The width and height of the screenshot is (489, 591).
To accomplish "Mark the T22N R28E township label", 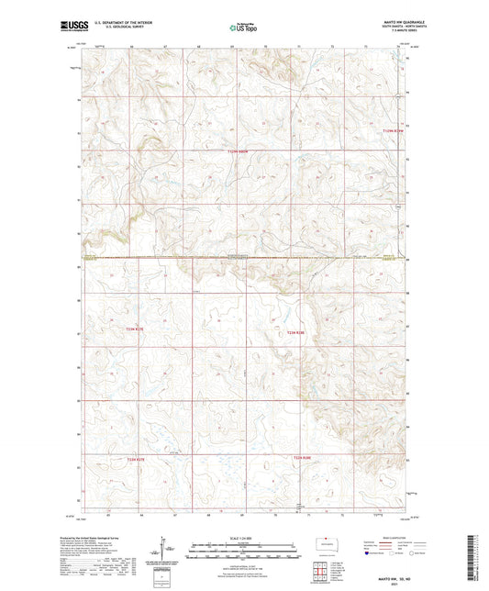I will [x=303, y=457].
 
